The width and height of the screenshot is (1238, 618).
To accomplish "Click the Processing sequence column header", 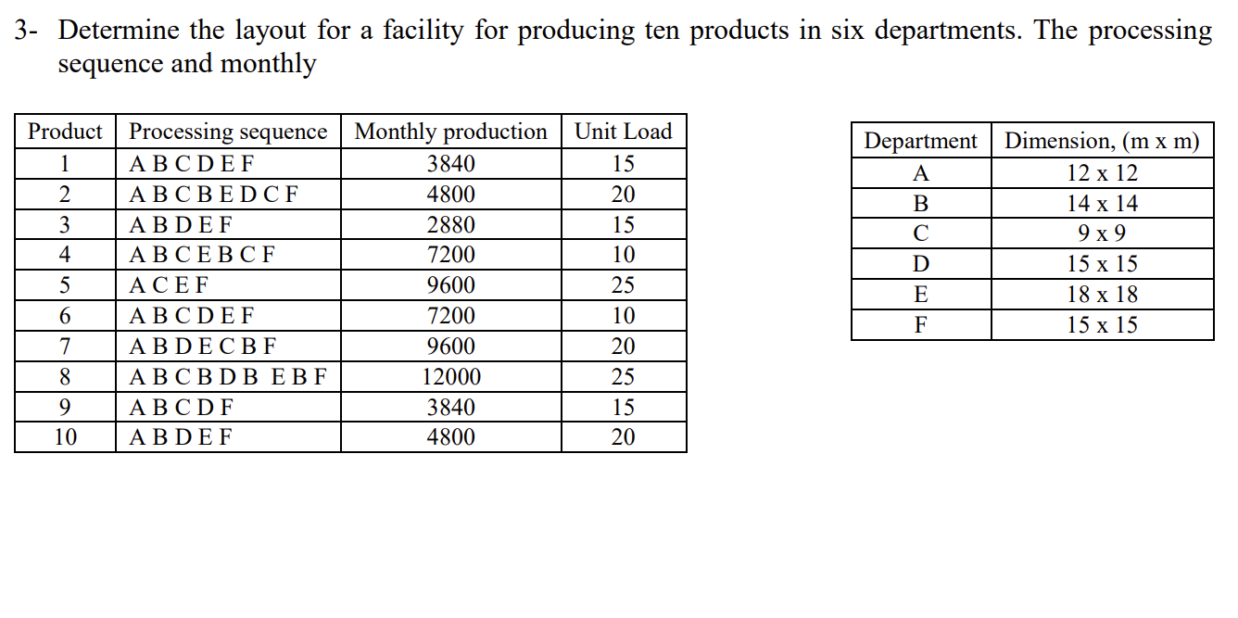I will point(228,132).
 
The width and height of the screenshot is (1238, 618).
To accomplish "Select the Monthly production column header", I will point(450,132).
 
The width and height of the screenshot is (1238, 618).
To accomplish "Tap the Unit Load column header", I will point(624,132).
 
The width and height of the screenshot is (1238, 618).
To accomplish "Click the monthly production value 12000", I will point(451,377).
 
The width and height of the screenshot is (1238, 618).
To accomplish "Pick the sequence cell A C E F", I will point(170,285).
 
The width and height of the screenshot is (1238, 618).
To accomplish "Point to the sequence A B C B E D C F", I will point(214,195).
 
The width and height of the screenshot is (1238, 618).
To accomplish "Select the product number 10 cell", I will point(66,437).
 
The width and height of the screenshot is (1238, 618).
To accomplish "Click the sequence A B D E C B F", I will point(203,347).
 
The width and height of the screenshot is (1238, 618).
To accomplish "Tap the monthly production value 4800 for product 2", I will point(451,195).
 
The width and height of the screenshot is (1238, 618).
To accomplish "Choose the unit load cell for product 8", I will point(624,377).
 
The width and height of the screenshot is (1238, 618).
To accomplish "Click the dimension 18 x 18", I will point(1102,295).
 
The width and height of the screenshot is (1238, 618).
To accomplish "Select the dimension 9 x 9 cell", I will point(1102,233).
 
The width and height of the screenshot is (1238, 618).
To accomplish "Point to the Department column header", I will point(920,141).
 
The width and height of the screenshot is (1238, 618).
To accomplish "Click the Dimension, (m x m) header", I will point(1102,141).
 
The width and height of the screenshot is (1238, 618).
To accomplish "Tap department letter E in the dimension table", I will point(920,295).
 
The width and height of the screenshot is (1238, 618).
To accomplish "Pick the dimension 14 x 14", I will point(1102,204).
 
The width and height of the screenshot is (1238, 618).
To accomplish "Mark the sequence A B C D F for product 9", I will point(182,408).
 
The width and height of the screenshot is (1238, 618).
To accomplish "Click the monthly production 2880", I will point(451,225).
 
